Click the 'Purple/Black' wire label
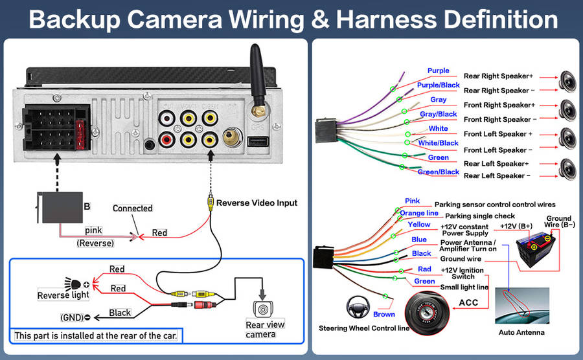(x=439, y=85)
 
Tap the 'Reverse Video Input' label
(x=257, y=203)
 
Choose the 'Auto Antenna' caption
(x=521, y=333)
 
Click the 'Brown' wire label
(x=383, y=315)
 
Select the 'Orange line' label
(x=418, y=213)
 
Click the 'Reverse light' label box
(x=63, y=295)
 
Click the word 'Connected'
(x=132, y=208)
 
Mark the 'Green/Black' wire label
(x=438, y=172)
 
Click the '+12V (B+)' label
(x=516, y=226)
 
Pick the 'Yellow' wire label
(x=418, y=225)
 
